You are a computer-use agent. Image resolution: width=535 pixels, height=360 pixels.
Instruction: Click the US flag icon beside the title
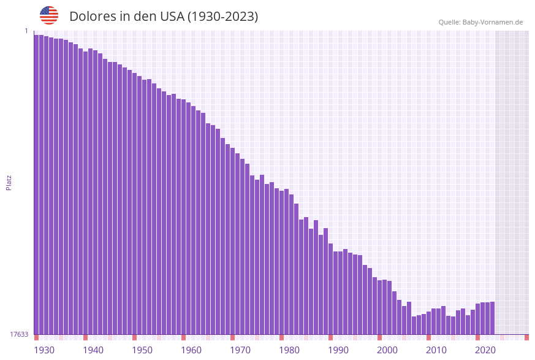pyautogui.click(x=49, y=15)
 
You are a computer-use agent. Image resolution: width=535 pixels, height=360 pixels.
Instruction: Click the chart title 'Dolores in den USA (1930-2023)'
pyautogui.click(x=164, y=17)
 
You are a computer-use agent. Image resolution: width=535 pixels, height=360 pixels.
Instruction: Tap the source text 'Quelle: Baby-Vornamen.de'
pyautogui.click(x=480, y=22)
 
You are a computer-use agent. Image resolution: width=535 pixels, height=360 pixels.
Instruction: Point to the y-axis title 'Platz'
pyautogui.click(x=9, y=182)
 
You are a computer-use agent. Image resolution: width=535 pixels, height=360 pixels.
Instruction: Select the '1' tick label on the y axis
pyautogui.click(x=26, y=31)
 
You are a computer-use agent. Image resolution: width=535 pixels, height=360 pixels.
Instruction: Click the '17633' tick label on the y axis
pyautogui.click(x=19, y=334)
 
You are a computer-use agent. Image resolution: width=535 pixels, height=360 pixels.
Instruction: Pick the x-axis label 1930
pyautogui.click(x=44, y=350)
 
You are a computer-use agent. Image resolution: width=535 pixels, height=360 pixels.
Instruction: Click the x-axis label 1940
pyautogui.click(x=93, y=350)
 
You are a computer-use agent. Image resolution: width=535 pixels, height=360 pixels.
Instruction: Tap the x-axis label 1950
pyautogui.click(x=142, y=350)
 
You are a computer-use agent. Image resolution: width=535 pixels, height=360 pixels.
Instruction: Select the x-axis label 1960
pyautogui.click(x=191, y=350)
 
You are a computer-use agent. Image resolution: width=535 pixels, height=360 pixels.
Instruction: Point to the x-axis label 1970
pyautogui.click(x=240, y=350)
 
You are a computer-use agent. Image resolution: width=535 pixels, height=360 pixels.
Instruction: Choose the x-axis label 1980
pyautogui.click(x=289, y=350)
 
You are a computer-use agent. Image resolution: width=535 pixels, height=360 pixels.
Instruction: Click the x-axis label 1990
pyautogui.click(x=338, y=350)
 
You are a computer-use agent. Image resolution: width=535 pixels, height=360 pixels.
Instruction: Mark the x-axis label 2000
pyautogui.click(x=387, y=350)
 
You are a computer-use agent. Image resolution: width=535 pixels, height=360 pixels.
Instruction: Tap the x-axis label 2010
pyautogui.click(x=436, y=350)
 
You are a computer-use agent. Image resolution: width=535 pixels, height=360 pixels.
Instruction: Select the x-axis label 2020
pyautogui.click(x=485, y=350)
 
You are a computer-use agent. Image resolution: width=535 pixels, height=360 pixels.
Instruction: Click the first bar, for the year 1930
pyautogui.click(x=36, y=184)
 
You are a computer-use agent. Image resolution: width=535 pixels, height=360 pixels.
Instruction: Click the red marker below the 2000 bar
pyautogui.click(x=379, y=337)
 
